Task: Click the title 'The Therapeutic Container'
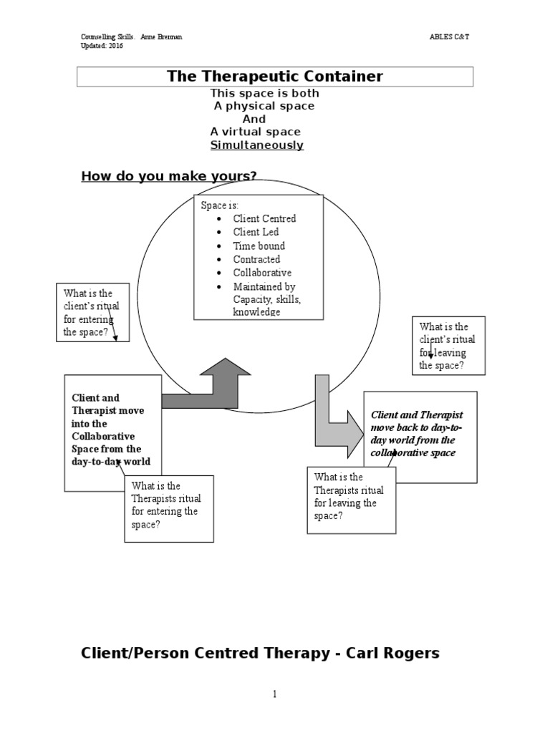[x=275, y=77]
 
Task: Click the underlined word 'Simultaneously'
[x=257, y=145]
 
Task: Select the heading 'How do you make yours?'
[x=169, y=176]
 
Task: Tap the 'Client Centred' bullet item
[x=264, y=218]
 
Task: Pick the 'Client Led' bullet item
[x=256, y=232]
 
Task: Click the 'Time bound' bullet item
[x=259, y=246]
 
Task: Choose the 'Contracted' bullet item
[x=256, y=259]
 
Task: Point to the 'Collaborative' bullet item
[x=262, y=273]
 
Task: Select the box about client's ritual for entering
[x=92, y=313]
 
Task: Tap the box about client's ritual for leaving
[x=448, y=346]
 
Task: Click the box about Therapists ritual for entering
[x=169, y=508]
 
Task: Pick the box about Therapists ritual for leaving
[x=351, y=500]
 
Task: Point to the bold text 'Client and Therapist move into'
[x=108, y=410]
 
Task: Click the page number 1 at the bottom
[x=274, y=694]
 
